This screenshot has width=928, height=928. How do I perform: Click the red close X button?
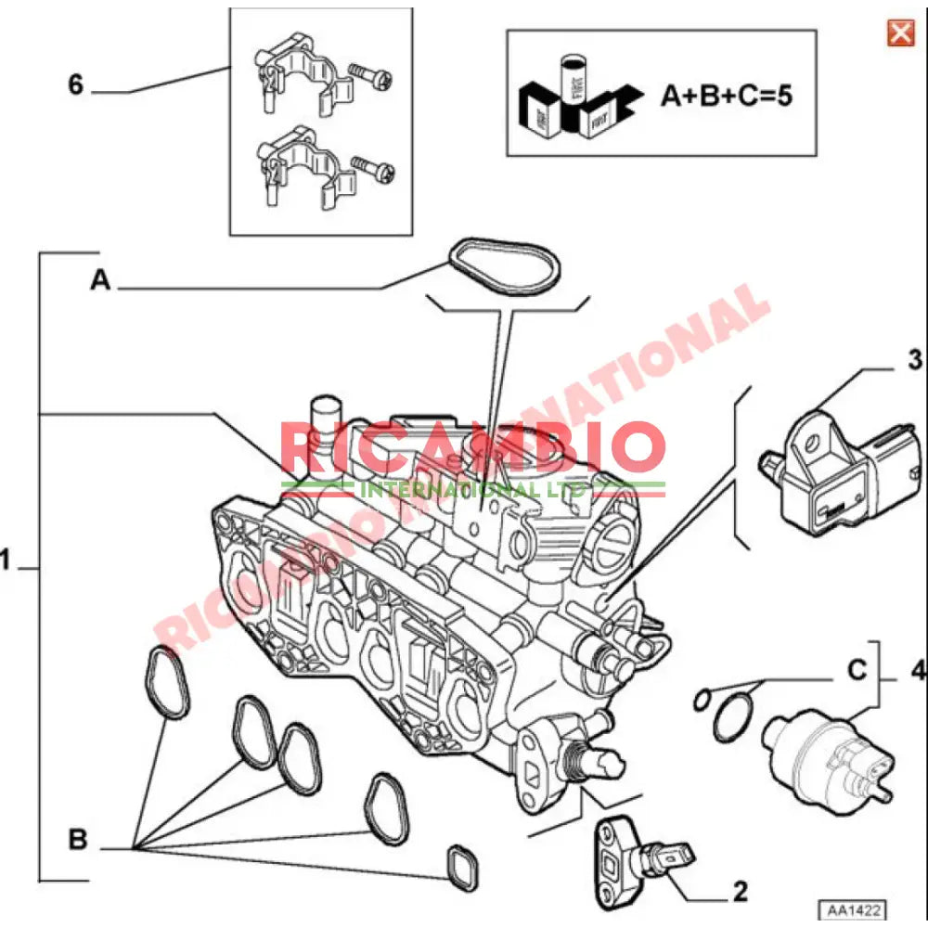click(x=900, y=33)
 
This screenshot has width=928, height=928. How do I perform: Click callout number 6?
click(x=76, y=85)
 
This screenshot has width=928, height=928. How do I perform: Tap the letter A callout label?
click(x=100, y=280)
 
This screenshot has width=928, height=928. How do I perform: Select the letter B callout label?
click(x=79, y=841)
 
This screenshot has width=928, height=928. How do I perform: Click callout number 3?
click(x=914, y=358)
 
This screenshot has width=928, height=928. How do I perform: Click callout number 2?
click(x=740, y=893)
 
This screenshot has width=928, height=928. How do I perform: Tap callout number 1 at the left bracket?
click(x=7, y=561)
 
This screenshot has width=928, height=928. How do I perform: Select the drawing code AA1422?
click(x=848, y=909)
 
